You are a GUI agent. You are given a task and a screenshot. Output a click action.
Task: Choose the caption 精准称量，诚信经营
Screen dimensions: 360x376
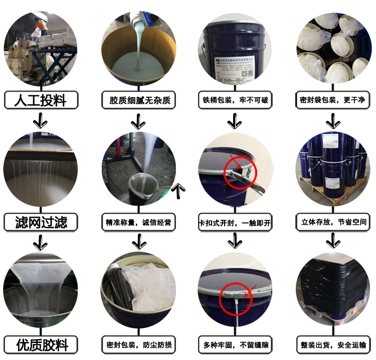pos(139,222)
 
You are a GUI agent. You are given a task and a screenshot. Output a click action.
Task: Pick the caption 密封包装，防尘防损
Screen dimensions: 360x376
pos(139,345)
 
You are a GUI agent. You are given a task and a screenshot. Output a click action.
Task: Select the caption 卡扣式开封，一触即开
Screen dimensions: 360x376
pos(235,222)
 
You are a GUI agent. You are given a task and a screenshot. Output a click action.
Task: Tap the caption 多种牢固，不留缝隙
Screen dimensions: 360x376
pos(235,345)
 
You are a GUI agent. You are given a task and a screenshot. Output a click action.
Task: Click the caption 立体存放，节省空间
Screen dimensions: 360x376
pos(332,222)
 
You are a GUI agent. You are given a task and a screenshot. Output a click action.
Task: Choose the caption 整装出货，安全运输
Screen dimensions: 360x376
pos(332,345)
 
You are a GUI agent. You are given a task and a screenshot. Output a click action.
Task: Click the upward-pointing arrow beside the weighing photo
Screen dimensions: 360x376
pos(178,189)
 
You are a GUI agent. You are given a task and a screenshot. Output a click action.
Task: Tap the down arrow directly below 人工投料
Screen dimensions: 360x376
pos(40,121)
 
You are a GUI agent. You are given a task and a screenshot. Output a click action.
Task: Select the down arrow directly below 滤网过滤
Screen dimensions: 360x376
pos(40,243)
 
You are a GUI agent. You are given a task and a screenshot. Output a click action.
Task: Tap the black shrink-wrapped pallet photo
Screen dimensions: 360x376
pos(332,290)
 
